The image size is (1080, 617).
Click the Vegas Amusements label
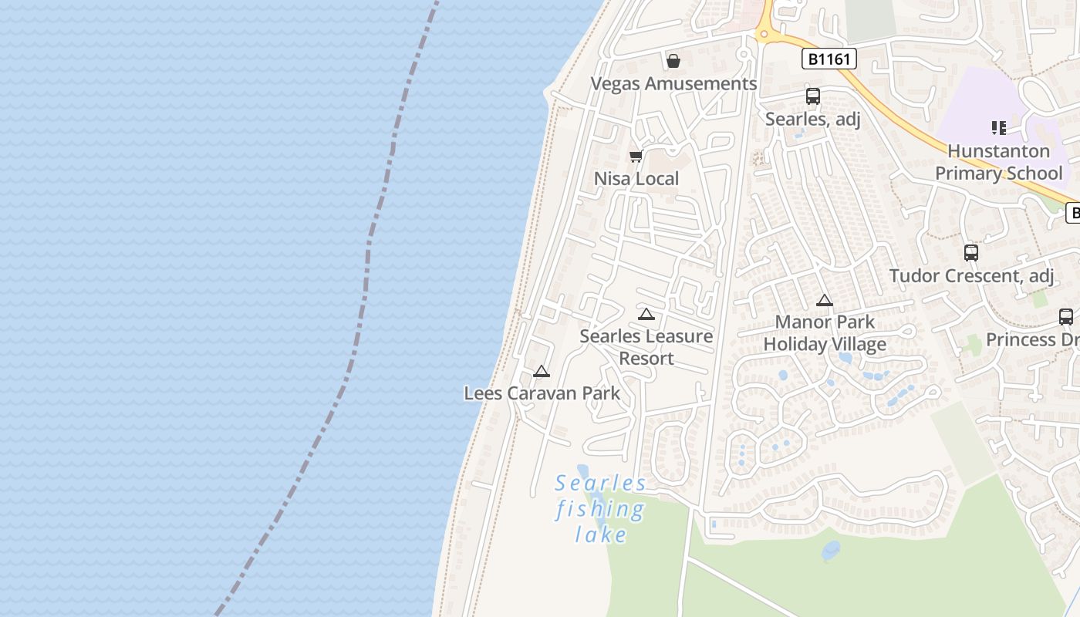coord(673,83)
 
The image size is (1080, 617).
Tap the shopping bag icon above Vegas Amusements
coord(673,61)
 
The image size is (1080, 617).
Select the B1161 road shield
coord(829,59)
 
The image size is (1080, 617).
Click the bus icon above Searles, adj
coord(813,96)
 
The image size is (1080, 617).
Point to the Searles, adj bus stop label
coord(812,119)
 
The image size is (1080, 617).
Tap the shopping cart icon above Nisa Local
coord(636,157)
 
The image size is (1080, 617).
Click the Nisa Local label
coord(636,179)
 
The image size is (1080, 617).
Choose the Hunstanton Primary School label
coord(999,162)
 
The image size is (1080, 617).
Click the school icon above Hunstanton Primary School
coord(999,128)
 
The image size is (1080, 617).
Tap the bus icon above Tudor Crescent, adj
coord(971,252)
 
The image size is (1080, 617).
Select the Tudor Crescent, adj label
coord(971,275)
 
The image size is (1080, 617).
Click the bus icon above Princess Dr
coord(1066,316)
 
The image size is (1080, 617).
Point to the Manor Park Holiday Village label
coord(825,333)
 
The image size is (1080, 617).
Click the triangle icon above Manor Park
coord(825,301)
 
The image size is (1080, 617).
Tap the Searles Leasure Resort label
coord(646,347)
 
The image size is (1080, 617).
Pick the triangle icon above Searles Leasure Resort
coord(646,314)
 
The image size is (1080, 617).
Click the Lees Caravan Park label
coord(542,393)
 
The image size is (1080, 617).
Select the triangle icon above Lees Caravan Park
coord(542,372)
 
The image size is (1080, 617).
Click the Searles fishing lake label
coord(600,508)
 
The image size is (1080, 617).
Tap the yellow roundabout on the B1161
coord(764,33)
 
